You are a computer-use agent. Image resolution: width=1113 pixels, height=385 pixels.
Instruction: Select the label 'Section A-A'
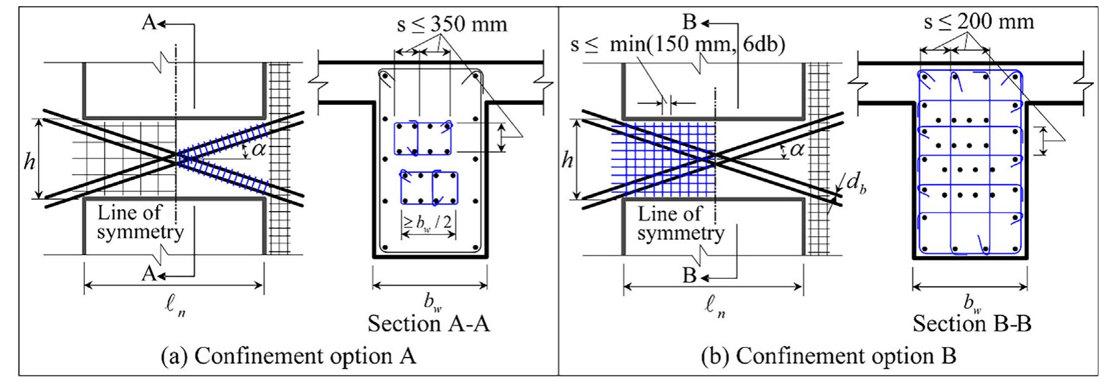click(428, 323)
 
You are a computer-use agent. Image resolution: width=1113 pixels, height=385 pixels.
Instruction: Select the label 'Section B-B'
click(972, 323)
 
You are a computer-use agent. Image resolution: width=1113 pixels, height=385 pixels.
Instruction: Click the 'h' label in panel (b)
click(567, 161)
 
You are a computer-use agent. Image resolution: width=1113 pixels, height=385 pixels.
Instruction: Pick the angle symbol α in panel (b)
click(797, 148)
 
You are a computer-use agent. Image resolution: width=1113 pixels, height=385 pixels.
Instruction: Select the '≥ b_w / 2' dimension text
click(429, 223)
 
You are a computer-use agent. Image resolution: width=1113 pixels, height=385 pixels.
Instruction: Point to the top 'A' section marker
click(149, 23)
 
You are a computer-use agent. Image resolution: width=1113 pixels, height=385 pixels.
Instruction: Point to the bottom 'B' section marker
click(689, 276)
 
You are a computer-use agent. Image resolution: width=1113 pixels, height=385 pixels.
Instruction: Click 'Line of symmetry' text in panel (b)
click(681, 223)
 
